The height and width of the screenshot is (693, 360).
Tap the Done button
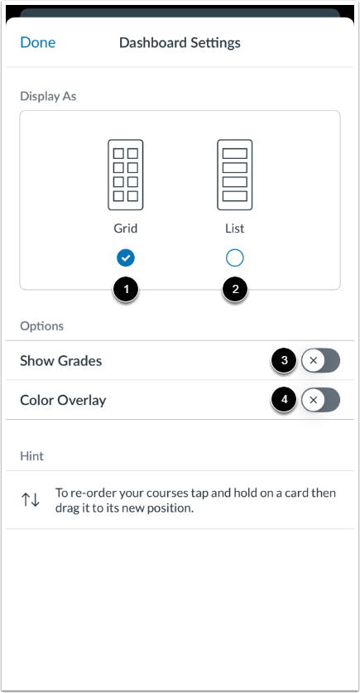point(38,42)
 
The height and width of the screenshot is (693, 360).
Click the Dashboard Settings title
point(180,42)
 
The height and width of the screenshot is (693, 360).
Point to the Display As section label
point(48,95)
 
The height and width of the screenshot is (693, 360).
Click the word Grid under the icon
point(126,228)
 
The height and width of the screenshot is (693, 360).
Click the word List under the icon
point(235,228)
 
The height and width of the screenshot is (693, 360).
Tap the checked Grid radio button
point(126,258)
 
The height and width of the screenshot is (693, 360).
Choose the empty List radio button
point(235,258)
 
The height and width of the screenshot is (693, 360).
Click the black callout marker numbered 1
point(126,290)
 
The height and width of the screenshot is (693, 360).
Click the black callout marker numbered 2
point(235,290)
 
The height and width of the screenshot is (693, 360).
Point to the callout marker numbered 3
point(284,360)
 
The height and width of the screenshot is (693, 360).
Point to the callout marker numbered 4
point(284,400)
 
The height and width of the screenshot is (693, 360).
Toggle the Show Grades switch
point(321,361)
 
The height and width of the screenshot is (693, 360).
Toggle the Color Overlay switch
point(321,401)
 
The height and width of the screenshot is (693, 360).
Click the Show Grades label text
point(61,361)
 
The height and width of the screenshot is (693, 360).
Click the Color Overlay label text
point(63,401)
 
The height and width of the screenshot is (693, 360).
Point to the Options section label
point(41,326)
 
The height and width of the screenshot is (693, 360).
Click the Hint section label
point(31,455)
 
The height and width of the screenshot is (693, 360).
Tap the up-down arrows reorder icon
point(31,500)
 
